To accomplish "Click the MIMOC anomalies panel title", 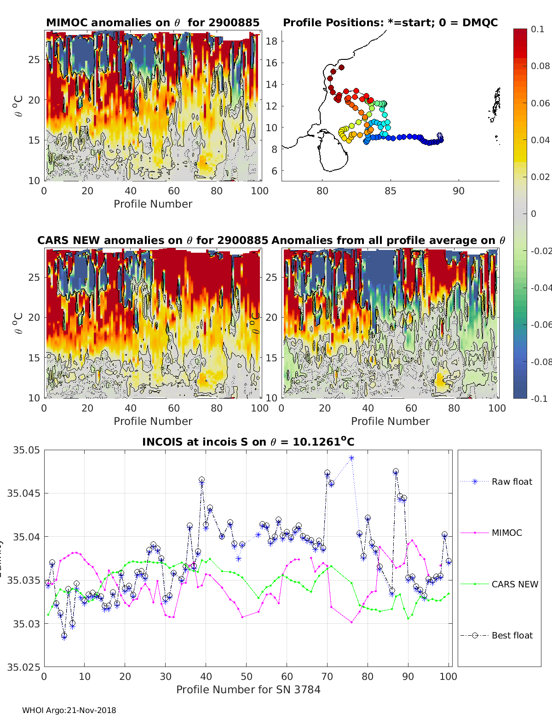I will tap(153, 23).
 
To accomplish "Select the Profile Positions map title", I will tap(390, 23).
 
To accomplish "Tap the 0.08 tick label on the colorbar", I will tap(540, 66).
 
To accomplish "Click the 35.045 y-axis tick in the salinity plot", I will tap(23, 493).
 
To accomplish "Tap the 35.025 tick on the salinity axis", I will tap(23, 667).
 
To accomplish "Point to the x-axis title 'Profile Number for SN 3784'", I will tap(248, 689).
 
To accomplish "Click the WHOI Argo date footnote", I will tap(69, 710).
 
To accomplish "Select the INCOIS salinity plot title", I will tap(248, 442).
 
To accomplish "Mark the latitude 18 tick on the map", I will tap(271, 41).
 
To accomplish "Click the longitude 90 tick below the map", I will tap(458, 191).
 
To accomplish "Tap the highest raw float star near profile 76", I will tap(351, 458).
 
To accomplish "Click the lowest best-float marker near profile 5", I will tap(64, 636).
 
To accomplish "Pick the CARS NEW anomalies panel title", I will tap(153, 240).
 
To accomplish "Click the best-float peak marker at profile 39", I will tap(201, 480).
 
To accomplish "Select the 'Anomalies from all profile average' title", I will tap(388, 240).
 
